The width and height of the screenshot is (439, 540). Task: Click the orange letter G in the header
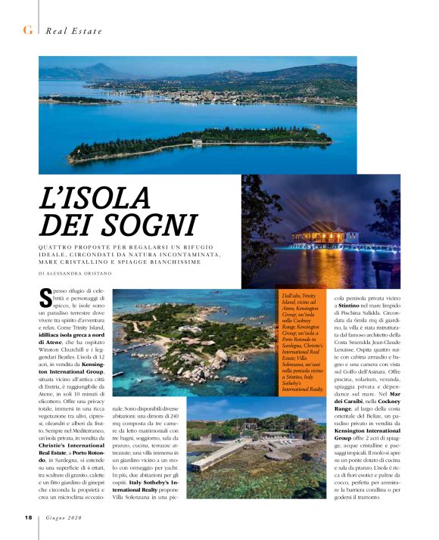coord(27,29)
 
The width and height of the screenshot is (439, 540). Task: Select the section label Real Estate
coord(73,30)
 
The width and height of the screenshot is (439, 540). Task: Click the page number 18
coord(26,518)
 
